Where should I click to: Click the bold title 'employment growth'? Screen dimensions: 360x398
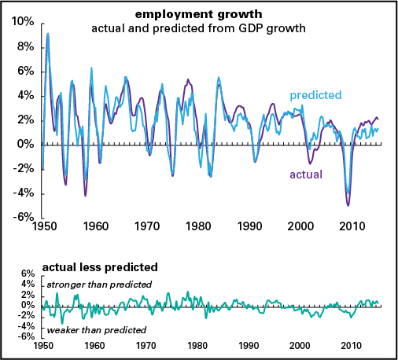[197, 15]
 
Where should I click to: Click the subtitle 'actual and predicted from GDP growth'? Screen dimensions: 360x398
[197, 29]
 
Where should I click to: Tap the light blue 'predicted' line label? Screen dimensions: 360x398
[315, 95]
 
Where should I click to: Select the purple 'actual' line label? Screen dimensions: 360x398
[307, 174]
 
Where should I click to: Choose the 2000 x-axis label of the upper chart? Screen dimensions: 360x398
[301, 226]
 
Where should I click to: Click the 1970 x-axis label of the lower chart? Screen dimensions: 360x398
[146, 345]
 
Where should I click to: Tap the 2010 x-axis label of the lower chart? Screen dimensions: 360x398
[352, 345]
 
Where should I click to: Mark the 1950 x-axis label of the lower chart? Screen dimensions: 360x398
[43, 345]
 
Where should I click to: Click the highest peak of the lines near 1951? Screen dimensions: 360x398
[48, 34]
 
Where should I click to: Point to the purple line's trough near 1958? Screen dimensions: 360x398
[85, 196]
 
